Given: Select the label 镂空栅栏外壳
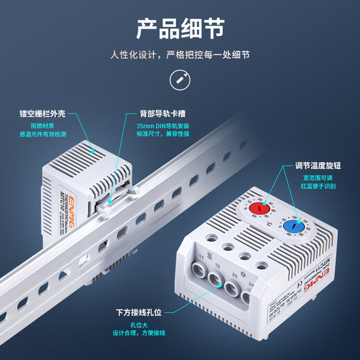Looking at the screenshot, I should pyautogui.click(x=42, y=111).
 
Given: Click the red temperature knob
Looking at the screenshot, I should pyautogui.click(x=259, y=207).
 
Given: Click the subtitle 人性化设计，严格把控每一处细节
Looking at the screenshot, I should pyautogui.click(x=180, y=55).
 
